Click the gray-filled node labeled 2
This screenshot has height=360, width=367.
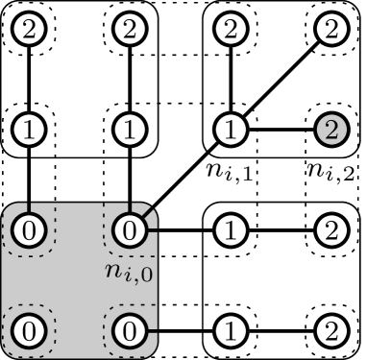click(330, 131)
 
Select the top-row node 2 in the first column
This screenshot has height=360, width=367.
click(30, 30)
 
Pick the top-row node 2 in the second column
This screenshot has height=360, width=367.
click(129, 30)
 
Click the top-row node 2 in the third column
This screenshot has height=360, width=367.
click(229, 30)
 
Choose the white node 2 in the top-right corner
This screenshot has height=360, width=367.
click(330, 30)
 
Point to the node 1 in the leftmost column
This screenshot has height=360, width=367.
click(30, 131)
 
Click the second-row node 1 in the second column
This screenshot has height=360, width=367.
click(129, 131)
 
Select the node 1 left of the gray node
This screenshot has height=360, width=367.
click(229, 131)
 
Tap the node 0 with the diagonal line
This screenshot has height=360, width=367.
click(129, 230)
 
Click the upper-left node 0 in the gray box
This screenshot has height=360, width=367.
click(30, 230)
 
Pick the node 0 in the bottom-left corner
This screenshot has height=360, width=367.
click(30, 330)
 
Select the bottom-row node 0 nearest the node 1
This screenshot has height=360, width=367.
click(129, 330)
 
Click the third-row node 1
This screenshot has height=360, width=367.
click(229, 230)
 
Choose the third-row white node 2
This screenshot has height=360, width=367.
click(330, 230)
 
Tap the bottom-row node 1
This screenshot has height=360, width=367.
click(229, 330)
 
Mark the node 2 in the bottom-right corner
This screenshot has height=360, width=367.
click(330, 330)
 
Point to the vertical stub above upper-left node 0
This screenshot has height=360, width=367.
click(30, 208)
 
